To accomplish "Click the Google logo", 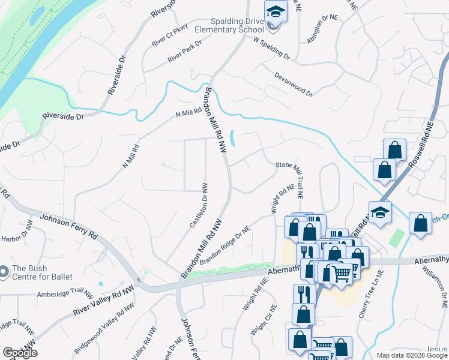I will pyautogui.click(x=20, y=353).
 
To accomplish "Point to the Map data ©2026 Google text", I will pyautogui.click(x=412, y=355).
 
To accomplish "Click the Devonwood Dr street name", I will pyautogui.click(x=294, y=85).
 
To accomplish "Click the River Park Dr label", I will pyautogui.click(x=184, y=51).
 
